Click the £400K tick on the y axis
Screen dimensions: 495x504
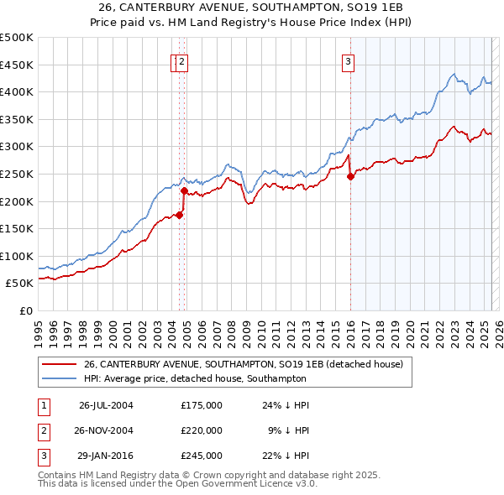click(17, 91)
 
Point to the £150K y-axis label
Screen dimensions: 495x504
click(17, 228)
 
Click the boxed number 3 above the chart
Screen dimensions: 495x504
click(348, 60)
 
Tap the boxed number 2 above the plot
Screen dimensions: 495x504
click(182, 60)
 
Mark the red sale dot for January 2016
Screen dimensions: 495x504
click(350, 176)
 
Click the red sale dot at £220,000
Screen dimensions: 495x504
click(184, 190)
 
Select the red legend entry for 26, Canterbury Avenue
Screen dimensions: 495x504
click(244, 363)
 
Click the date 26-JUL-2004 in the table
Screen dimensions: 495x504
click(106, 405)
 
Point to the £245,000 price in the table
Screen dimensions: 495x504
click(202, 456)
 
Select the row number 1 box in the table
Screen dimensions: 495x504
click(43, 405)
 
